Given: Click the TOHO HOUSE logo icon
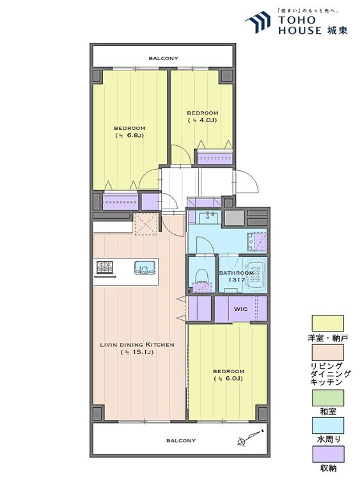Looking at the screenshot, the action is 258,21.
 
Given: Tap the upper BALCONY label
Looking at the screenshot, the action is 163,58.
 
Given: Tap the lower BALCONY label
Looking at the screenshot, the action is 181,440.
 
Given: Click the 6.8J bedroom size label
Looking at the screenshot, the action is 129,135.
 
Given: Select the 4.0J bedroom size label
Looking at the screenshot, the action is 202,120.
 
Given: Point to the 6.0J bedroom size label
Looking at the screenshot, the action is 228,379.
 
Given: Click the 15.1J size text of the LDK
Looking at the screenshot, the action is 137,353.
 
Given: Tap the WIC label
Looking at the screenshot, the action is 240,309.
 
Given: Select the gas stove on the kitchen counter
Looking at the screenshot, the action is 105,267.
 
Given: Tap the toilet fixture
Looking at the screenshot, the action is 202,278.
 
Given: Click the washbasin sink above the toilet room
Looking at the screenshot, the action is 209,218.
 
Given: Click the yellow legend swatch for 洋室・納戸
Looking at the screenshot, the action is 327,323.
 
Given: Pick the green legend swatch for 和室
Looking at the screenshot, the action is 327,397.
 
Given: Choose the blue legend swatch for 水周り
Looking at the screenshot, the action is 327,426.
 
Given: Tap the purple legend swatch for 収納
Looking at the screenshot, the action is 327,454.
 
